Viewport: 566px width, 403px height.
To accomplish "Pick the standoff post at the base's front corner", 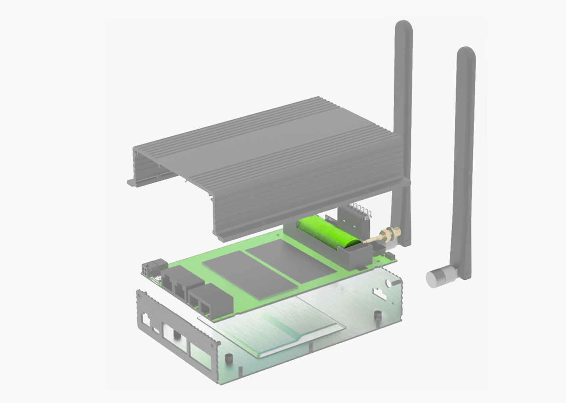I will click(x=228, y=359).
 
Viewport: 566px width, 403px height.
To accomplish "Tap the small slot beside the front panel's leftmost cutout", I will click(x=157, y=329).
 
